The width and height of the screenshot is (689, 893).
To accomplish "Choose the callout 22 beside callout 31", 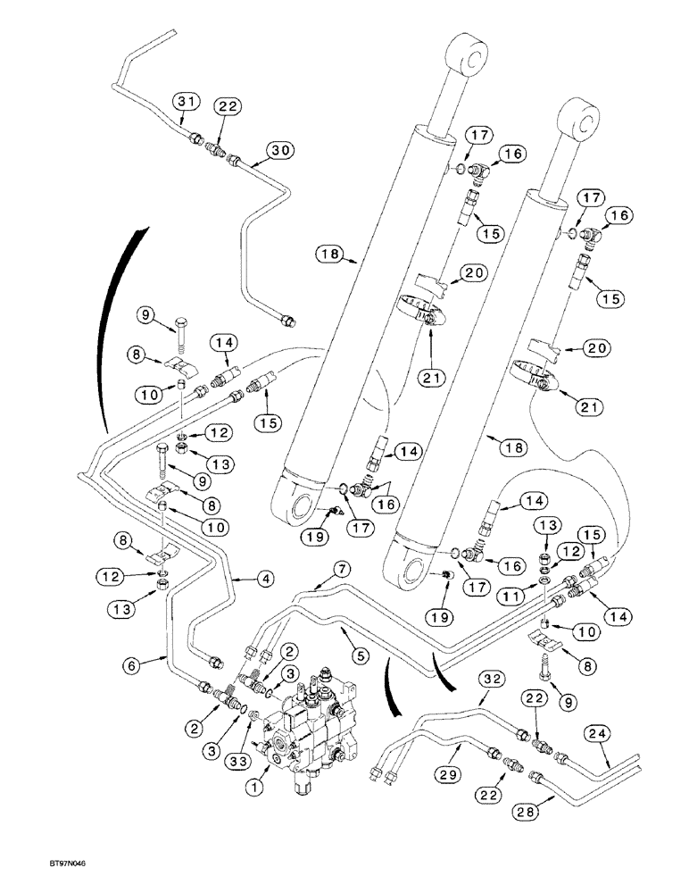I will coord(228,106).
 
